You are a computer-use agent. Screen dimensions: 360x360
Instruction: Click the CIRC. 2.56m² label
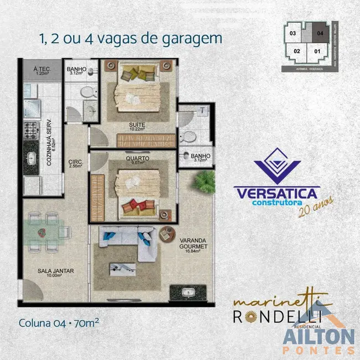[75, 164]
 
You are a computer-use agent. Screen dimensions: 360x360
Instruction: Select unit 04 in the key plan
[319, 33]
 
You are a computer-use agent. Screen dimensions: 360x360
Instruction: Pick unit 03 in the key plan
[293, 33]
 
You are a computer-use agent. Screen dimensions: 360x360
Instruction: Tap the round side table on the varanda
[165, 235]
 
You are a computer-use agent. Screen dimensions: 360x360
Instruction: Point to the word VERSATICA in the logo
[276, 193]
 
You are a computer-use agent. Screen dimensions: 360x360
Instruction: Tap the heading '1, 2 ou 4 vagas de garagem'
[130, 39]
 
